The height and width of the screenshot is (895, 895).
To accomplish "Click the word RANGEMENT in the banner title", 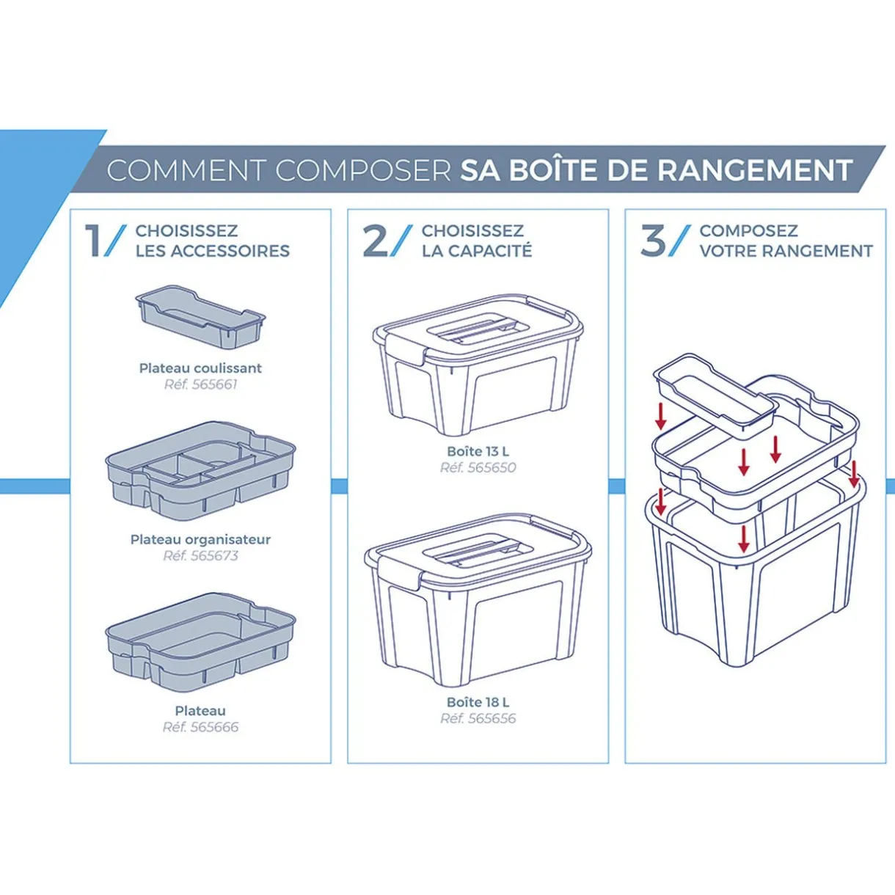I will pyautogui.click(x=754, y=170).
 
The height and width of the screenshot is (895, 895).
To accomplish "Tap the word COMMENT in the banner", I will pyautogui.click(x=186, y=170).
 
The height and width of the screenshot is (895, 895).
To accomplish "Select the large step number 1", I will pyautogui.click(x=94, y=241).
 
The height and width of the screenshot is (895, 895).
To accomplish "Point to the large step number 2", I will pyautogui.click(x=376, y=241).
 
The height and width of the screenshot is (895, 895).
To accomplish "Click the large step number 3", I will pyautogui.click(x=653, y=241).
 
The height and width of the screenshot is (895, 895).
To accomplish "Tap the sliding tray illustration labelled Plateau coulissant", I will pyautogui.click(x=200, y=317).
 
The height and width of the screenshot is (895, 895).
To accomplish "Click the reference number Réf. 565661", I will pyautogui.click(x=200, y=384).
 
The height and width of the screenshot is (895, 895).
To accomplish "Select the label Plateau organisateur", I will pyautogui.click(x=200, y=539).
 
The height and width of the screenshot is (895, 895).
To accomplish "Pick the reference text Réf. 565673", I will pyautogui.click(x=200, y=555).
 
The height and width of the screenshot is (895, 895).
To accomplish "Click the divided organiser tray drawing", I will pyautogui.click(x=200, y=470).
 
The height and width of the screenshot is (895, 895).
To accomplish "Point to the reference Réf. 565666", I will pyautogui.click(x=200, y=727).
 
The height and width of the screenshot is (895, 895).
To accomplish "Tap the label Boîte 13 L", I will pyautogui.click(x=478, y=451).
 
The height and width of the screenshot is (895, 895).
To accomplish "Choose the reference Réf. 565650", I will pyautogui.click(x=478, y=467).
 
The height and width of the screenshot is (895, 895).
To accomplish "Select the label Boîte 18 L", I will pyautogui.click(x=478, y=702).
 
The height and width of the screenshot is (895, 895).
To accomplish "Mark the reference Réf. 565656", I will pyautogui.click(x=478, y=718).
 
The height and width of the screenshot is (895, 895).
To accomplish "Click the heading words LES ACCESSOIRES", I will pyautogui.click(x=212, y=251).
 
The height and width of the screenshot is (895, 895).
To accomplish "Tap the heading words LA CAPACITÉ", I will pyautogui.click(x=477, y=251).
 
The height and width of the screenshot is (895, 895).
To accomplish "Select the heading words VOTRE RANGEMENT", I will pyautogui.click(x=786, y=251).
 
